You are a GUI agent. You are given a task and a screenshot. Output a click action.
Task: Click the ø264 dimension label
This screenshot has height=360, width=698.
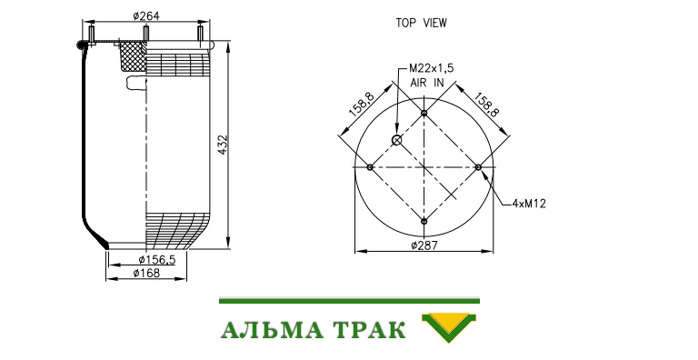tap(146, 16)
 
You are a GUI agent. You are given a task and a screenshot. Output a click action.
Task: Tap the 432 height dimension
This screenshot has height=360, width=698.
tap(223, 145)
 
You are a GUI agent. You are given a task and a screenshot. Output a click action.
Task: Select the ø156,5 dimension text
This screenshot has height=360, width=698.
tap(156, 260)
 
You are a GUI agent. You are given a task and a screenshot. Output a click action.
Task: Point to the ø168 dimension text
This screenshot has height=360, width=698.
tap(146, 273)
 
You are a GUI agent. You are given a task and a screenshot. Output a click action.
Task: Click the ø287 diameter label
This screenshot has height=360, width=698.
tap(424, 245)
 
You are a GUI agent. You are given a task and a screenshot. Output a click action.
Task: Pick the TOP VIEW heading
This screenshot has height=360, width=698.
tap(421, 23)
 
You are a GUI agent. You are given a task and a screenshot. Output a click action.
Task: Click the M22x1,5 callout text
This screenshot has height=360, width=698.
tap(432, 68)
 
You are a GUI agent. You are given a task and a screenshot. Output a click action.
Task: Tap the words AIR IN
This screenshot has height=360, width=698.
tap(427, 83)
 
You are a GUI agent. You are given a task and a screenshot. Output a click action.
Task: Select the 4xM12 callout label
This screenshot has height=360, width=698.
tap(529, 204)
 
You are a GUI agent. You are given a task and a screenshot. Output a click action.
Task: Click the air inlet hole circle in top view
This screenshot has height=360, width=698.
tap(396, 141)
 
